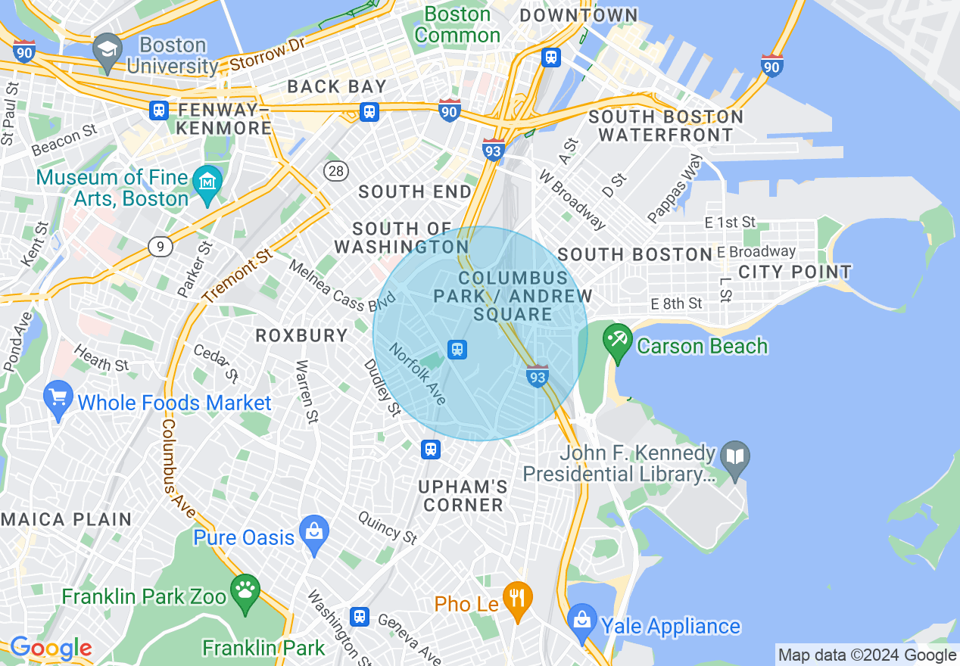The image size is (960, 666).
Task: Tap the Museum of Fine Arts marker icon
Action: point(207,184)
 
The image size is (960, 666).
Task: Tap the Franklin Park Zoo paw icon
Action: point(245,590)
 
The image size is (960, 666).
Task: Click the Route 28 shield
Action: point(335,171)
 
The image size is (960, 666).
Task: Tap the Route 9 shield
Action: point(158,245)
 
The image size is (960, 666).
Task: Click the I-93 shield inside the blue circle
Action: point(537,375)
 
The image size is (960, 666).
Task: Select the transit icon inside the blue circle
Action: point(457,349)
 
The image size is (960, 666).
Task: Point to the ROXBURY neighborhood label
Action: point(301,335)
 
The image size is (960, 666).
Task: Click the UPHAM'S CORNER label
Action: point(463,496)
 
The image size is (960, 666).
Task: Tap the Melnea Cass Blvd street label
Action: point(343,286)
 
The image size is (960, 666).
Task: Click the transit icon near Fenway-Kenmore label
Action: point(159,110)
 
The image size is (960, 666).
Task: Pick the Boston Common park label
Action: point(457,24)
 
